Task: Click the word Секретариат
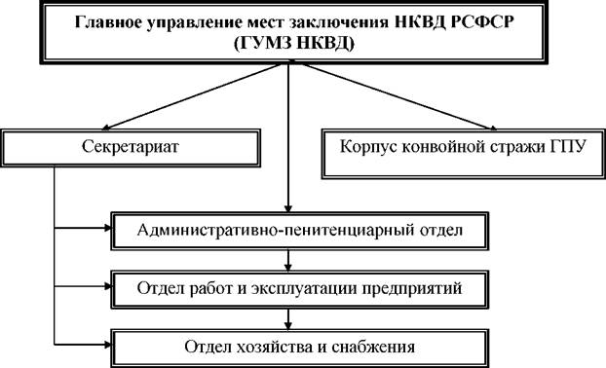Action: point(131,147)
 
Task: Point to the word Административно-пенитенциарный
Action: point(276,231)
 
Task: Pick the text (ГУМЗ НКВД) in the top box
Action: point(293,44)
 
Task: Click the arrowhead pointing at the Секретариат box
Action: point(106,127)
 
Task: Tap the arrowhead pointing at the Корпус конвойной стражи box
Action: point(492,128)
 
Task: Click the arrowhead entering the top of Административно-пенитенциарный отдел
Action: point(288,208)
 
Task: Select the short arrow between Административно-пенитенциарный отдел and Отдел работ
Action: point(288,261)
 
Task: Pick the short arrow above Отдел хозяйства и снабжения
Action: point(288,319)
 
